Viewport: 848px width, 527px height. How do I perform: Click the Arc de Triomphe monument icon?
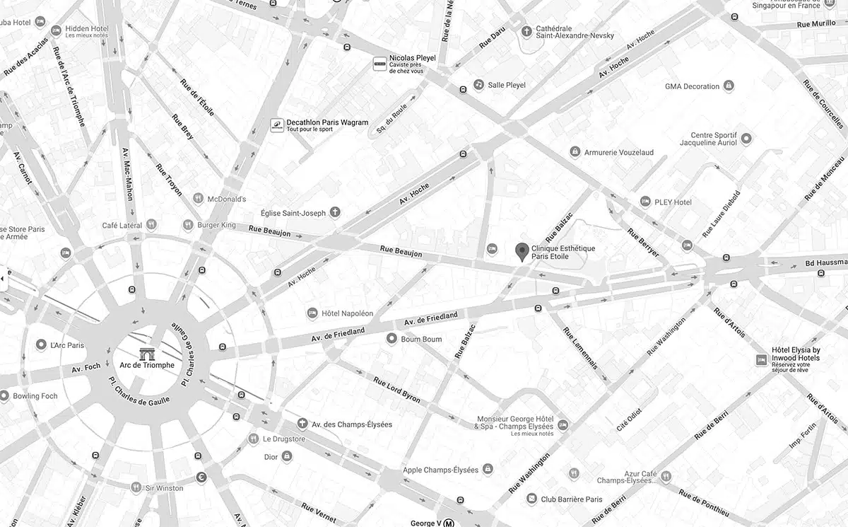click(x=147, y=353)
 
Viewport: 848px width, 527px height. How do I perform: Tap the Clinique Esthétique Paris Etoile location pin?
click(x=522, y=251)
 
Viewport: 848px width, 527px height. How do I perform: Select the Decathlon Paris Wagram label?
click(x=327, y=122)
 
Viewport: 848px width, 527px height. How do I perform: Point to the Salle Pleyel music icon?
click(x=478, y=85)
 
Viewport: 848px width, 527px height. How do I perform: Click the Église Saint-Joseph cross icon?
click(x=336, y=212)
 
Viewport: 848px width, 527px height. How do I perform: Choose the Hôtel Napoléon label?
click(x=347, y=313)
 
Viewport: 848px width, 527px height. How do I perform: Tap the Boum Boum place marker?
click(x=391, y=339)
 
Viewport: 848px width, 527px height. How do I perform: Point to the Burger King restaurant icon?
click(x=188, y=225)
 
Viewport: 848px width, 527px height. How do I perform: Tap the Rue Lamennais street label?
click(x=581, y=347)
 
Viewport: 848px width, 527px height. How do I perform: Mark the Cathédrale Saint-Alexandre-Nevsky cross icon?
click(x=526, y=31)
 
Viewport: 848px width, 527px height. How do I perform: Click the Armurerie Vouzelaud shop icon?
click(x=575, y=152)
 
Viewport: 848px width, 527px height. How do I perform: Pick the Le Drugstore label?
click(x=283, y=439)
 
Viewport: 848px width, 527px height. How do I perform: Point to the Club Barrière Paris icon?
click(x=531, y=499)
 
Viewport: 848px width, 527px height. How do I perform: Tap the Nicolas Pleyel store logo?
click(x=379, y=64)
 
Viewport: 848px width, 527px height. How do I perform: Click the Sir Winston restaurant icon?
click(x=136, y=487)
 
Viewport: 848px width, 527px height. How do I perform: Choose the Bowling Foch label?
click(x=35, y=396)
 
